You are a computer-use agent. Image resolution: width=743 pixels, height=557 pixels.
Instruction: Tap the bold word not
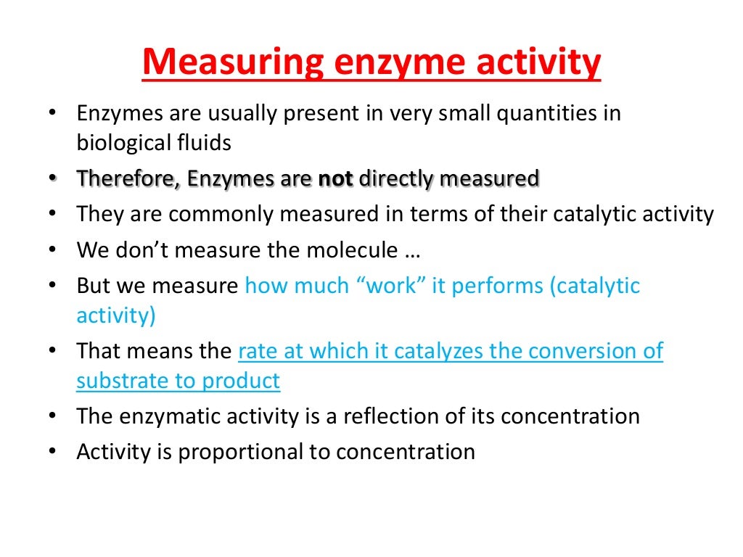(x=335, y=178)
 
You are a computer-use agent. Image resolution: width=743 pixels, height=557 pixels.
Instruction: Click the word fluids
(x=207, y=143)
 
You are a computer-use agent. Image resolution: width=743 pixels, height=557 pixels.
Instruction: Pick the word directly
(x=406, y=178)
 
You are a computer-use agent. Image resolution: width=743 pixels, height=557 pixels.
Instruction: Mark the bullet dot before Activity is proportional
(x=53, y=452)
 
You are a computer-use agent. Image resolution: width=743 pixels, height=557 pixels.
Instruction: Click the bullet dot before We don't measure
(x=53, y=249)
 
